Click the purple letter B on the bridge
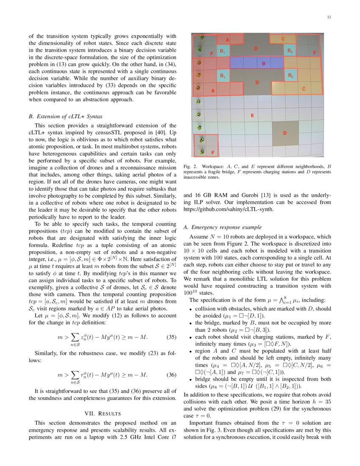[x=263, y=64]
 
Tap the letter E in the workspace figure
[x=252, y=115]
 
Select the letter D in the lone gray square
[x=285, y=133]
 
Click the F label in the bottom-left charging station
[x=213, y=152]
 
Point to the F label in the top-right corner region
[x=314, y=53]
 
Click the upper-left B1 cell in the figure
[x=223, y=51]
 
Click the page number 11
[x=329, y=17]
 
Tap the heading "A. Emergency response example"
[x=223, y=227]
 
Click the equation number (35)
[x=171, y=325]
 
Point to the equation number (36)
[x=171, y=375]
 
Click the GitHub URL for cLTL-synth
[x=229, y=209]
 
